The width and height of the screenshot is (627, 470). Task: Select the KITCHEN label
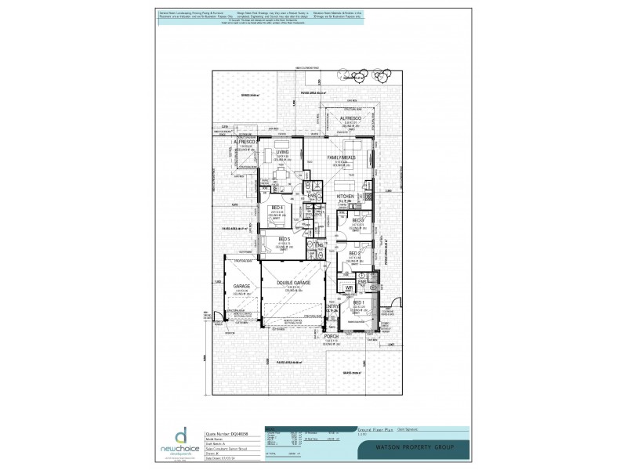(x=346, y=197)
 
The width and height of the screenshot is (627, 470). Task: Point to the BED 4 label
(x=277, y=208)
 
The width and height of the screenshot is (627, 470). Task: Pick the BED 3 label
(x=357, y=221)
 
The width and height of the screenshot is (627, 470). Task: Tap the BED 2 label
(x=353, y=254)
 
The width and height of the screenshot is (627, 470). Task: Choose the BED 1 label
(x=358, y=302)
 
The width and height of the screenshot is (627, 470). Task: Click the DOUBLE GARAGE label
(x=292, y=282)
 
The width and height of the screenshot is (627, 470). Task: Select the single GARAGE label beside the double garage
(x=241, y=287)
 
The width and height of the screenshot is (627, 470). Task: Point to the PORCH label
(x=331, y=336)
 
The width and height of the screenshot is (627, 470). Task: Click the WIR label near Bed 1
(x=349, y=288)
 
